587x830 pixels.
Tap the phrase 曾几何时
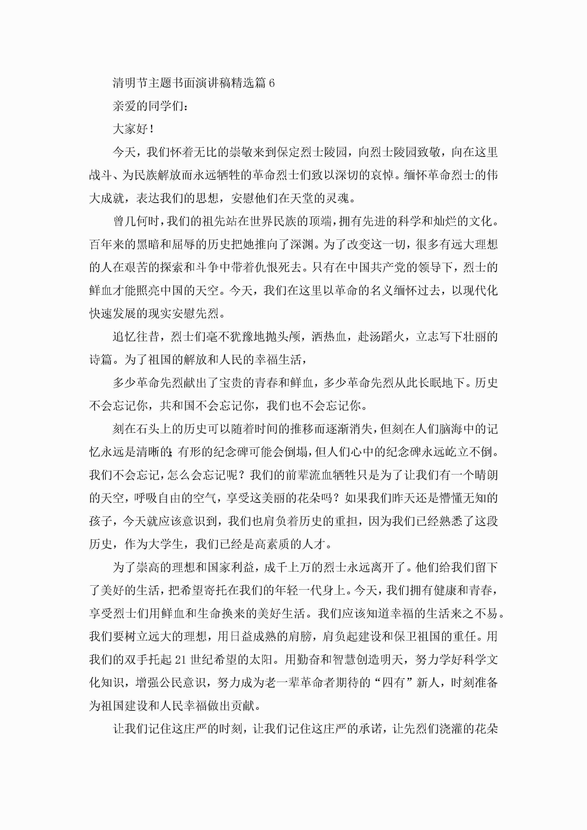tap(136, 221)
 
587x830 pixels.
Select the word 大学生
tap(165, 544)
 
